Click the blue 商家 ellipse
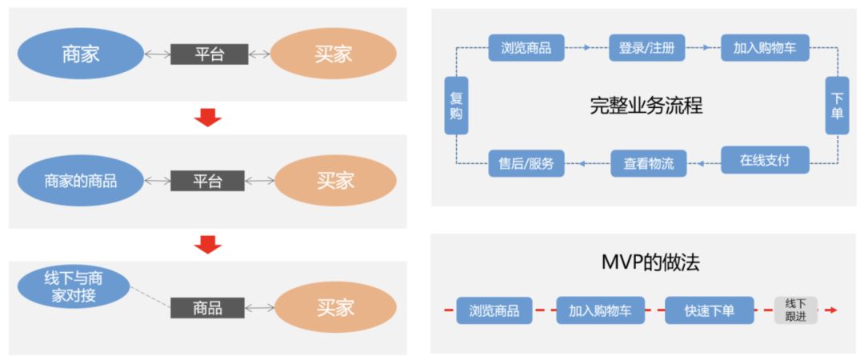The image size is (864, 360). pos(80,54)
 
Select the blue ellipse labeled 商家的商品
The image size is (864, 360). pos(80,181)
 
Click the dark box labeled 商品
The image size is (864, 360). pos(207,307)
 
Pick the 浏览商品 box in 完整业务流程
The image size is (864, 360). pos(526,48)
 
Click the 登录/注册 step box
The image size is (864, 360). pos(646,48)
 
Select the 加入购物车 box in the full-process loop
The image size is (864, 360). pos(765,48)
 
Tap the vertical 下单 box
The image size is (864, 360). pos(837,106)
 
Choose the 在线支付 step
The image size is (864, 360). pos(765,160)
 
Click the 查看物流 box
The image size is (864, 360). pos(648,164)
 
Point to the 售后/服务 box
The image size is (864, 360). pos(526,164)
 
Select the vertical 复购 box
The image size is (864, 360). pos(456,106)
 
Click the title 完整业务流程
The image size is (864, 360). pos(646,106)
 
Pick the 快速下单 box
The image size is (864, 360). pos(709,310)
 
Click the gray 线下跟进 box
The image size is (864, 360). pos(795,310)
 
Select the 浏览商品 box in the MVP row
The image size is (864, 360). pos(494,310)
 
